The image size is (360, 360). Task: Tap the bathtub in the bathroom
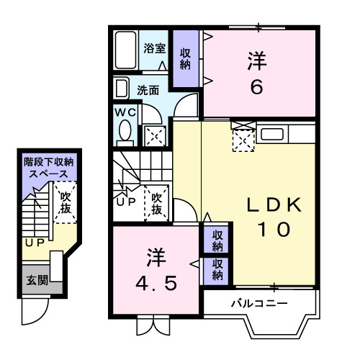click(126, 50)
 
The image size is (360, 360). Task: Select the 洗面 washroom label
click(148, 91)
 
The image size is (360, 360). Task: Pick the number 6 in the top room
click(256, 86)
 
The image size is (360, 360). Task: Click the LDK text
click(274, 205)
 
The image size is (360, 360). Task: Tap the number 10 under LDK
click(274, 230)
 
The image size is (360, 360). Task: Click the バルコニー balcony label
click(259, 303)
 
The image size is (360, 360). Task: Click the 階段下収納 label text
click(50, 163)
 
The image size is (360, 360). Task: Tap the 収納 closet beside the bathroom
click(186, 58)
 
